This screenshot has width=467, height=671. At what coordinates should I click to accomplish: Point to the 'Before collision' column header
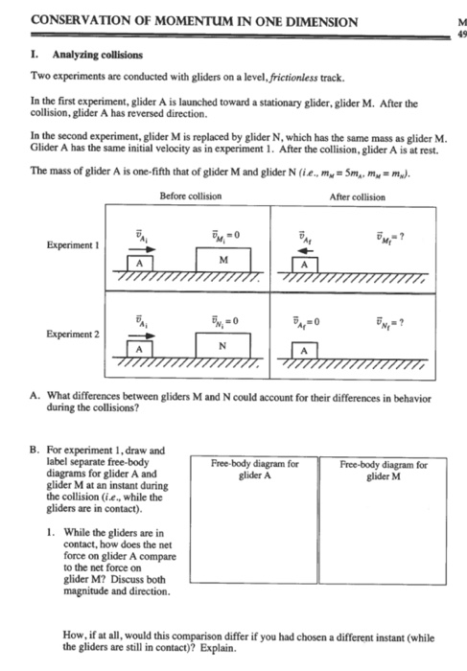pos(191,197)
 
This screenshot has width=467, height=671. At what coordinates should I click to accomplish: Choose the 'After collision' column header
pos(357,197)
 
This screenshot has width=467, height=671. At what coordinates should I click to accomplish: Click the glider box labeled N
pos(223,346)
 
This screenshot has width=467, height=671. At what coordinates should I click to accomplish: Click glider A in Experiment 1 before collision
pos(140,263)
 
